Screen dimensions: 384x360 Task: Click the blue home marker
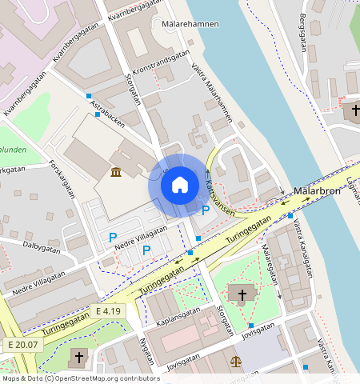click(x=180, y=185)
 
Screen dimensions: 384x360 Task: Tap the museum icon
click(x=117, y=172)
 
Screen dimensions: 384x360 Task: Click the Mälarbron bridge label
click(x=318, y=192)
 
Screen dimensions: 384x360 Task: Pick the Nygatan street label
click(x=146, y=350)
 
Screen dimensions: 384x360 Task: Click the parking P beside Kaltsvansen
click(x=206, y=210)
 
